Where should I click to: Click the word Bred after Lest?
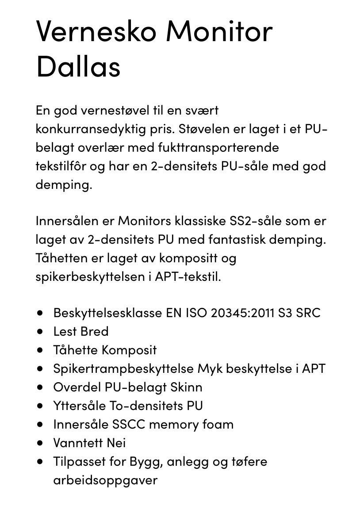[94, 331]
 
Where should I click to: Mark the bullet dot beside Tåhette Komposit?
[41, 349]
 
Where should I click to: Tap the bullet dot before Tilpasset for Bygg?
[41, 461]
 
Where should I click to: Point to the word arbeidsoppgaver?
[105, 480]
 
